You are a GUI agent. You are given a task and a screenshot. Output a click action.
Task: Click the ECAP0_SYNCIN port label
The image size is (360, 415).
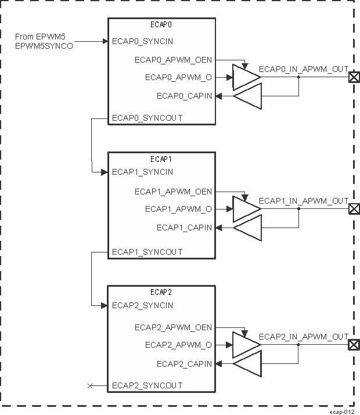point(142,42)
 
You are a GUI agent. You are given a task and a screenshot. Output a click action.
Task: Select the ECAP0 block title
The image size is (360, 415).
point(161,25)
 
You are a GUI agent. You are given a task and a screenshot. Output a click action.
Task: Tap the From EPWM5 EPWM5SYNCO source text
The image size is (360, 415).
point(44,41)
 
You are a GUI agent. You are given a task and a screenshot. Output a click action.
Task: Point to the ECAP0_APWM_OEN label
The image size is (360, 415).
point(173,59)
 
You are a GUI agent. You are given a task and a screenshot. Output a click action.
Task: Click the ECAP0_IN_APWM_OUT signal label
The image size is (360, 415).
point(304,69)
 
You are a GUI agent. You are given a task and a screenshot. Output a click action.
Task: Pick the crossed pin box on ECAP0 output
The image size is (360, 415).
point(353,78)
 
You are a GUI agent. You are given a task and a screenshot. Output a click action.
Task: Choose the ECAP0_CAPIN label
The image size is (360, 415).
point(184,96)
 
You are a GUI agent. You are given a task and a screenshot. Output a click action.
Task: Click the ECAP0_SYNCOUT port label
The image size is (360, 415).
point(147,118)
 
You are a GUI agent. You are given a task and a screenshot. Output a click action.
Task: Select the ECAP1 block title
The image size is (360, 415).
point(161,158)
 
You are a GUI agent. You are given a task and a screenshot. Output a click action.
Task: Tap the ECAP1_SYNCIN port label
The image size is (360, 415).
point(142,172)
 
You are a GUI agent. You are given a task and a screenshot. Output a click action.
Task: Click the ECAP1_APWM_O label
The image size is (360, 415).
point(178,209)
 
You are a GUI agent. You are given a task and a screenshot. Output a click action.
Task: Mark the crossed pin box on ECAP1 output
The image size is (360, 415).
point(353,210)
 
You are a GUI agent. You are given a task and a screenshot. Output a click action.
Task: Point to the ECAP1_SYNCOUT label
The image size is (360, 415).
point(147,252)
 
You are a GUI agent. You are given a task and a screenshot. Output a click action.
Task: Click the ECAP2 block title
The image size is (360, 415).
point(161,292)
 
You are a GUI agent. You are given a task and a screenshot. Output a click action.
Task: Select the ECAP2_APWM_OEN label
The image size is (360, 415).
point(173,327)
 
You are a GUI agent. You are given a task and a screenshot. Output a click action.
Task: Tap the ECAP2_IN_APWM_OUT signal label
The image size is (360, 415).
point(304,337)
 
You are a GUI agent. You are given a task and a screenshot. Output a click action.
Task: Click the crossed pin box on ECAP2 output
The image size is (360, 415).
point(353,345)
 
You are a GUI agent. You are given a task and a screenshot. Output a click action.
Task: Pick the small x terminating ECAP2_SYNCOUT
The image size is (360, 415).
point(89,385)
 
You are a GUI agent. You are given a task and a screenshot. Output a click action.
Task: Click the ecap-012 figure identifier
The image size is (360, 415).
point(341,410)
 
